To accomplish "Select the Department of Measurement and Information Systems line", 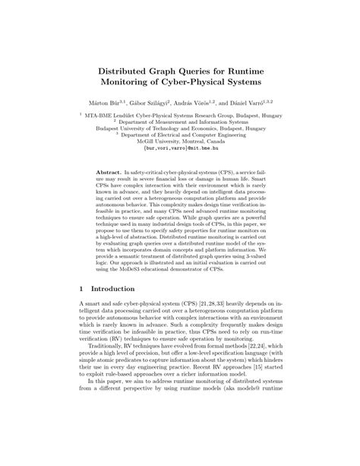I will click(180, 123).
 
